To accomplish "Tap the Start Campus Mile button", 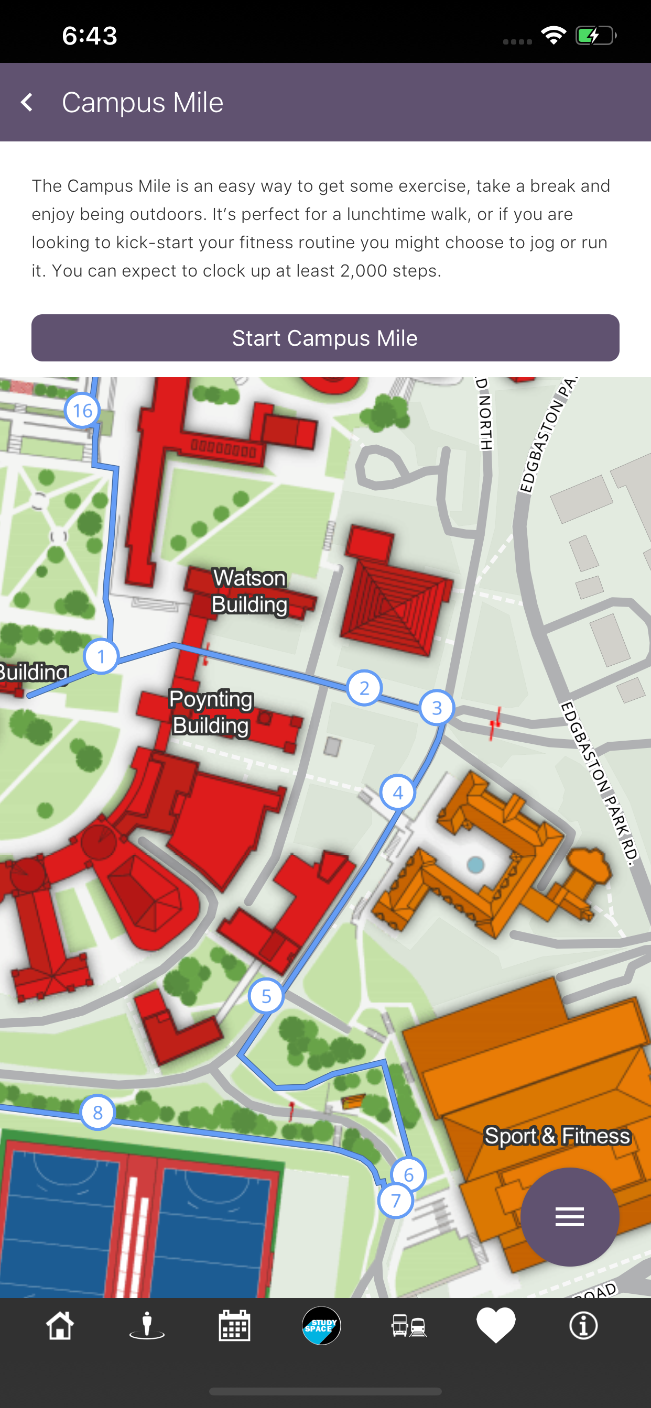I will click(325, 338).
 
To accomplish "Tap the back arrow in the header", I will click(27, 102).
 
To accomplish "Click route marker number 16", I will click(83, 411).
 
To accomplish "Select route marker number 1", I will click(101, 656).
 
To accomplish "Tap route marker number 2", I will click(364, 688).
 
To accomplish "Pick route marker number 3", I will click(437, 708).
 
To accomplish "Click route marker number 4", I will click(398, 793).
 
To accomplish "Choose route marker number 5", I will click(266, 996).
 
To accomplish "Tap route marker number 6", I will click(409, 1174).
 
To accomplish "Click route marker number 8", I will click(97, 1112).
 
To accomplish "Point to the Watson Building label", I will click(249, 591).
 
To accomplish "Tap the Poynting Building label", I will click(211, 712).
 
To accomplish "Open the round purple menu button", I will click(569, 1217).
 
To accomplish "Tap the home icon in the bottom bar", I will click(60, 1325).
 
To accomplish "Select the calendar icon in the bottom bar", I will click(234, 1325).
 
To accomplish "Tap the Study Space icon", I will click(322, 1325).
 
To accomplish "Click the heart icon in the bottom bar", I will click(496, 1325).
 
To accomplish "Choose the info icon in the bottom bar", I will click(583, 1325).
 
